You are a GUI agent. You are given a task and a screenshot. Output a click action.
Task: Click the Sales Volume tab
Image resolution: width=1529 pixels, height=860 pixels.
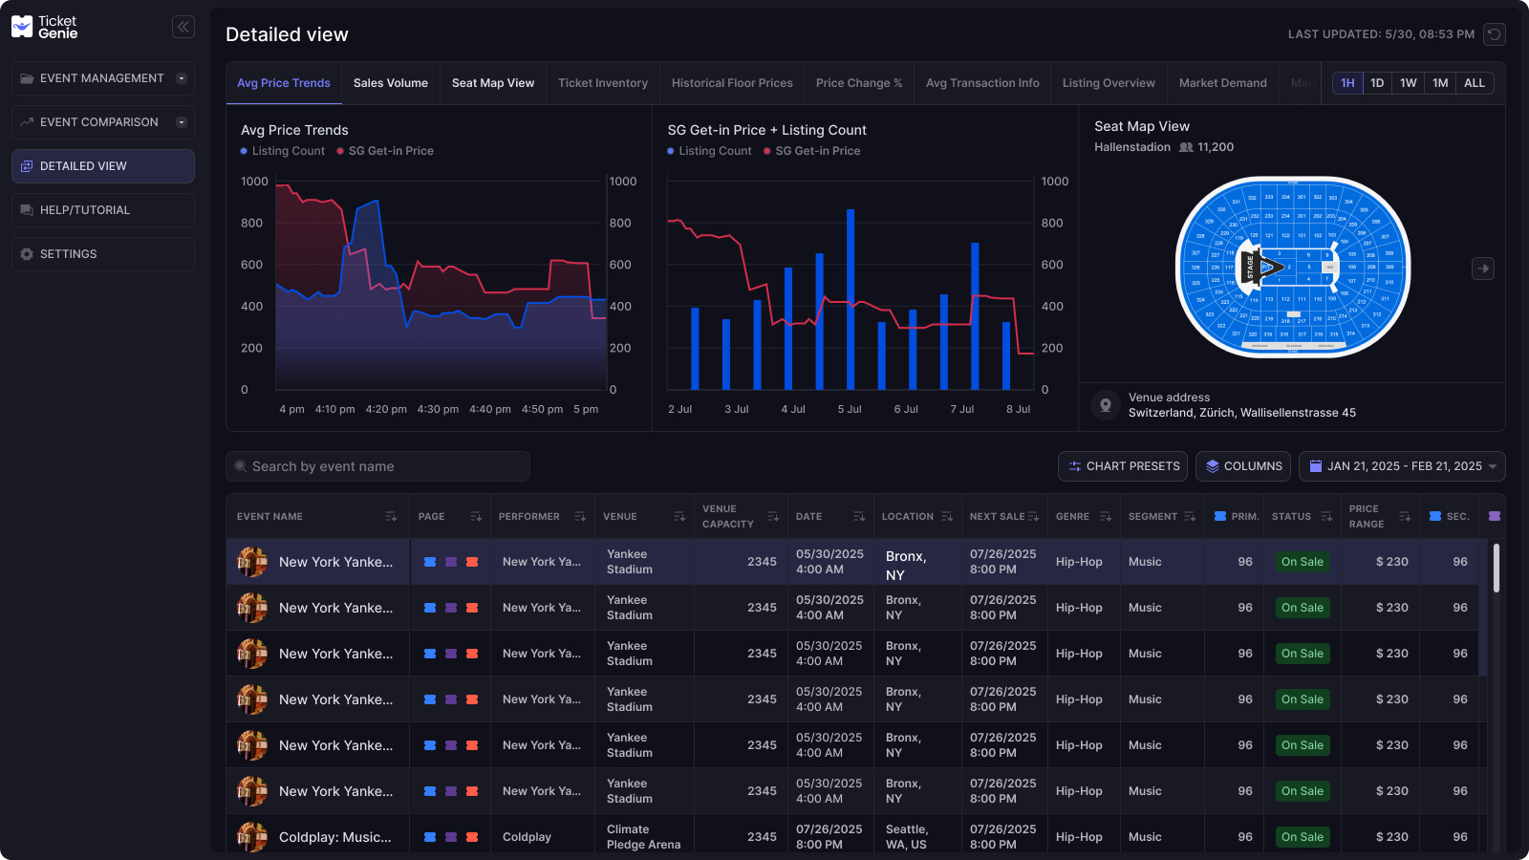(390, 83)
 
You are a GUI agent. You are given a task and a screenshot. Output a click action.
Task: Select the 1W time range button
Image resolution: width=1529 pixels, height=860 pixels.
(1408, 83)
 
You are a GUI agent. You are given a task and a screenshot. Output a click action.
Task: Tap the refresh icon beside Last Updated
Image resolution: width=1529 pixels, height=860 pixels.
(1495, 34)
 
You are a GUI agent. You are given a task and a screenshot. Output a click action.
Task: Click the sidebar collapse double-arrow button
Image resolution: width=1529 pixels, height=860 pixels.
(183, 27)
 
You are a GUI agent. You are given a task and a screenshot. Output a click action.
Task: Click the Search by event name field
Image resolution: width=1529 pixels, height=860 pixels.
(377, 466)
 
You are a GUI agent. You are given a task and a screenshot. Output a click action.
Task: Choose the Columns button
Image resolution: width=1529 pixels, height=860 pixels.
(1242, 466)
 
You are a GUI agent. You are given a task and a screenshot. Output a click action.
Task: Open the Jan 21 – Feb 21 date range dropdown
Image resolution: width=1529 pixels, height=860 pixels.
(1401, 466)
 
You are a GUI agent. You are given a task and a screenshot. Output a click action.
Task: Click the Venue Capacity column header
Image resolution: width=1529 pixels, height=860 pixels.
(728, 516)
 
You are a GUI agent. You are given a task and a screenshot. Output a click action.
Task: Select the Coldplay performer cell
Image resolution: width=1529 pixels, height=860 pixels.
(528, 837)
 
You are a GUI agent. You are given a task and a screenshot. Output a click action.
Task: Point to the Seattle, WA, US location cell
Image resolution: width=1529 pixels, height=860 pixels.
(906, 837)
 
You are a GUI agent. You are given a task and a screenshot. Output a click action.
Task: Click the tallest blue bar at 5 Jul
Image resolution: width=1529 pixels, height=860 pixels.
(851, 298)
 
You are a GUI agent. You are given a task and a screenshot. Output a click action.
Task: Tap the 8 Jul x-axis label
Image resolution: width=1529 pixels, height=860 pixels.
(1018, 409)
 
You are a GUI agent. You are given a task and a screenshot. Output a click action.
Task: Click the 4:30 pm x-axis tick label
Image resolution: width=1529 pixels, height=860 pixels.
(438, 409)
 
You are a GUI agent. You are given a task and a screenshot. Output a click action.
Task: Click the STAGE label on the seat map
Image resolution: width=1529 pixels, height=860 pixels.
(1250, 268)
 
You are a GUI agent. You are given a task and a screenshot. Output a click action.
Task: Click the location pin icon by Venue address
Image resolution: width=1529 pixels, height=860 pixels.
(1106, 405)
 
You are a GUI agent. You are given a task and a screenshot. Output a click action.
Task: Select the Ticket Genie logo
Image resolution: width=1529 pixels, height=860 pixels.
(44, 27)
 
